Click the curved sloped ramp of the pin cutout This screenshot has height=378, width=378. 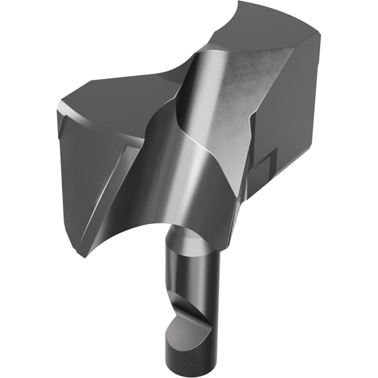click(189, 302)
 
